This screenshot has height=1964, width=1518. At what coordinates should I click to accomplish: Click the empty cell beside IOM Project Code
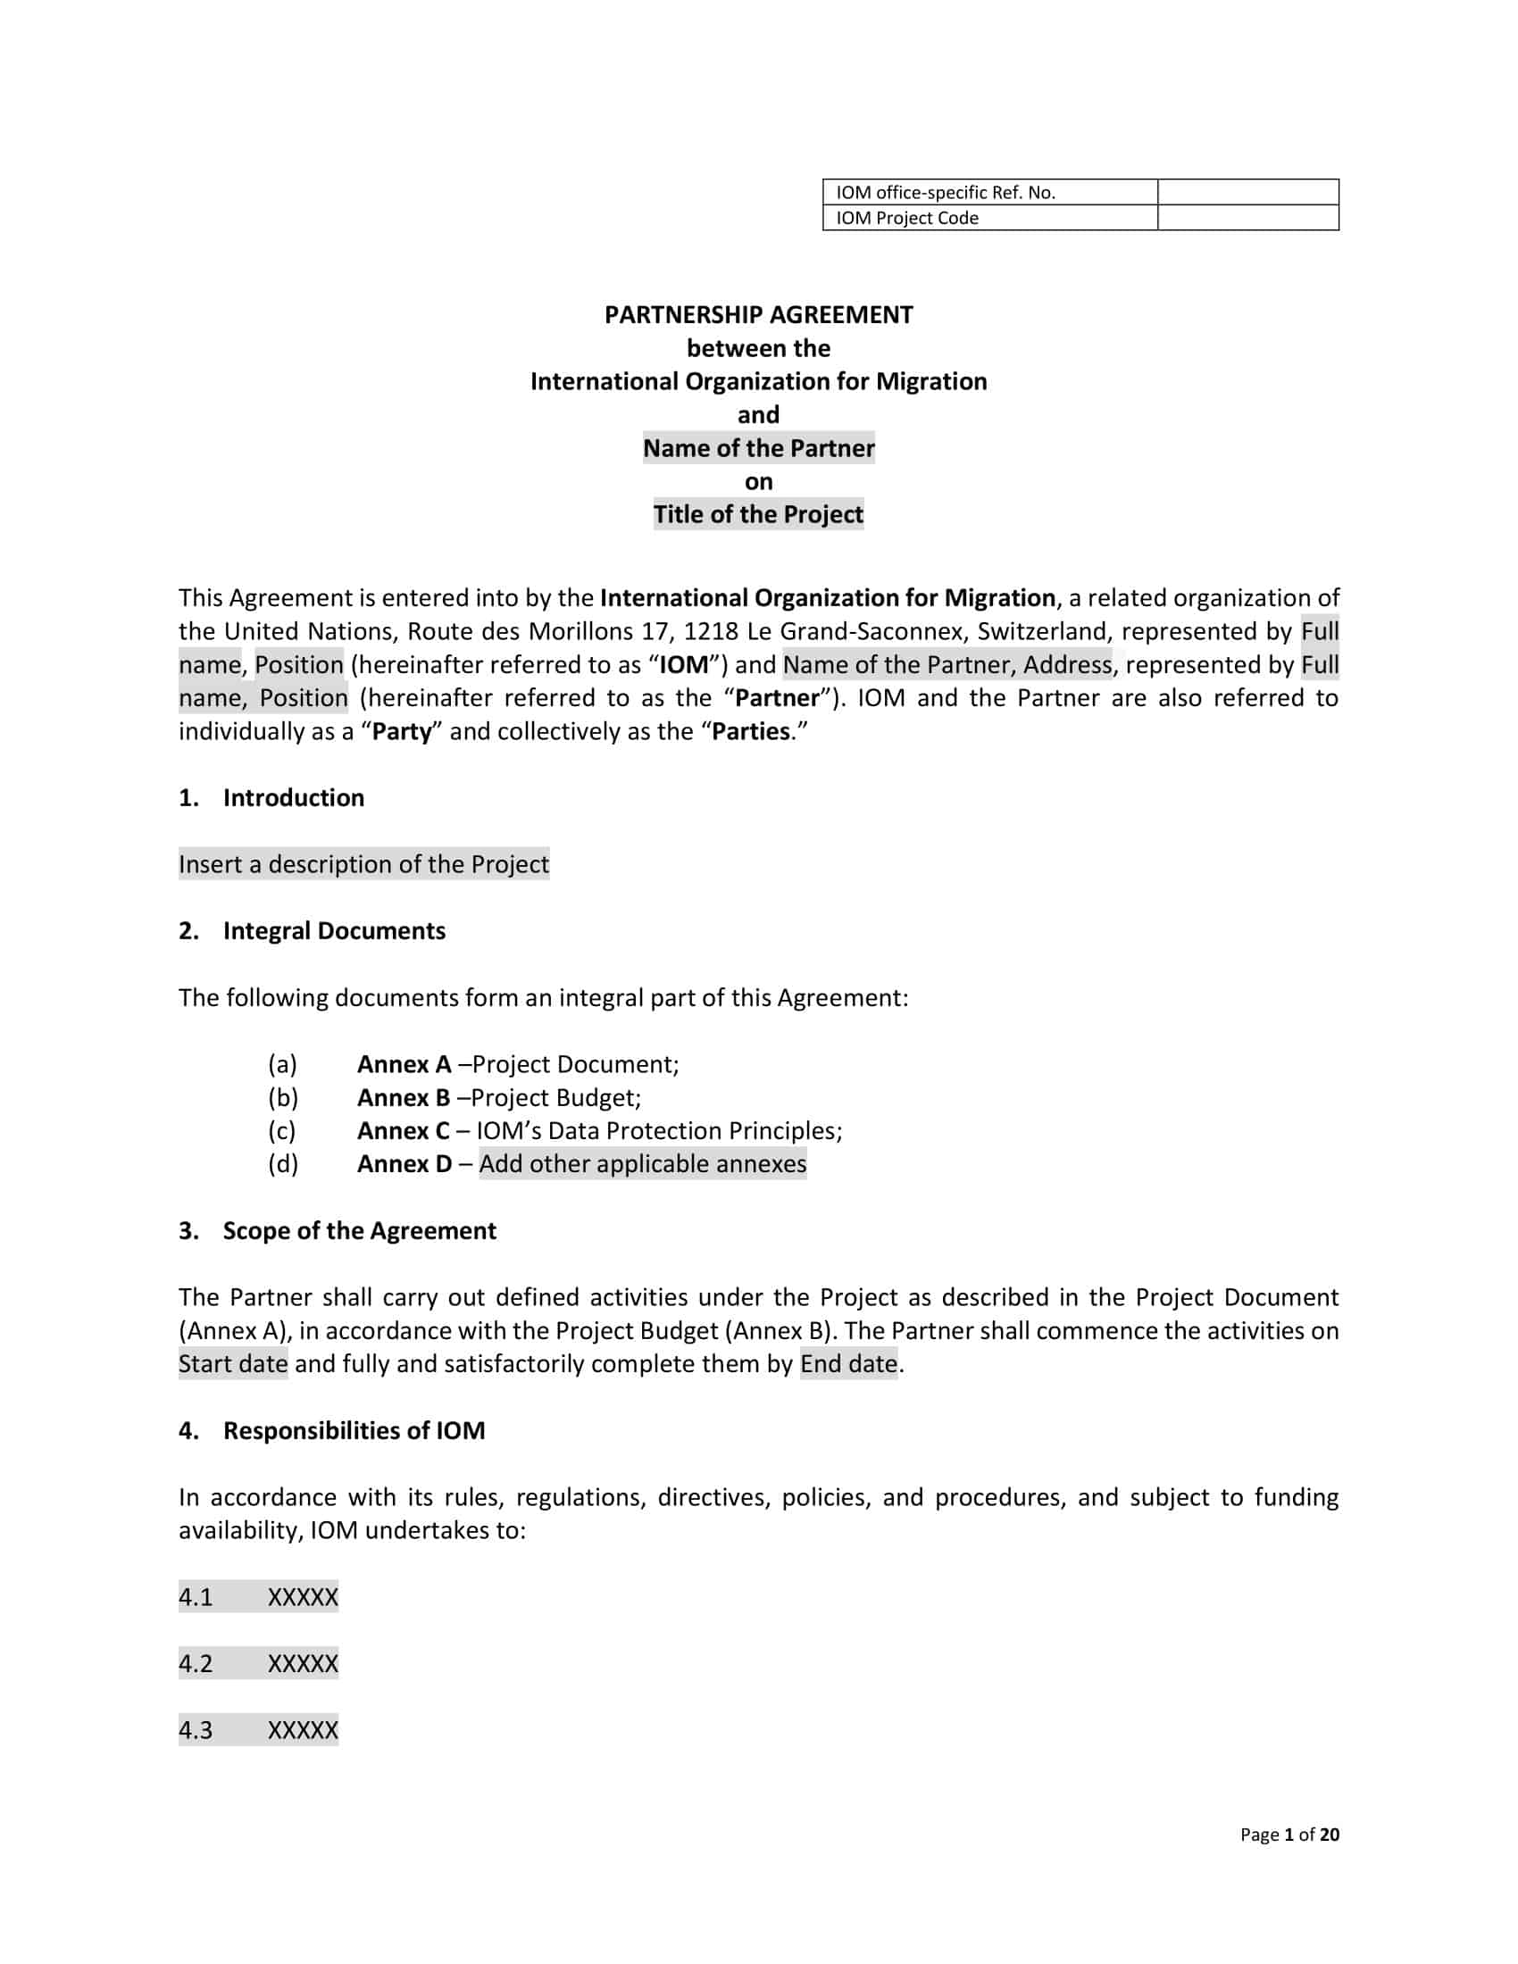coord(1247,218)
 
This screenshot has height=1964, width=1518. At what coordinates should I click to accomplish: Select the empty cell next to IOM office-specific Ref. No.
coord(1247,192)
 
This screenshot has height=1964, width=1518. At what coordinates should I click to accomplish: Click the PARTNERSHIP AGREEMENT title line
coord(758,315)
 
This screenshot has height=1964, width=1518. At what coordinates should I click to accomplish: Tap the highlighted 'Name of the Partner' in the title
coord(758,448)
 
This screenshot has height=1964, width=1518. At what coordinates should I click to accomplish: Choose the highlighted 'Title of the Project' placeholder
coord(758,514)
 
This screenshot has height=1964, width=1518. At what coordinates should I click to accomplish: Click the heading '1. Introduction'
coord(271,797)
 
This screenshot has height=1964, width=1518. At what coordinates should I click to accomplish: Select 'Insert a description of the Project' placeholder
coord(363,864)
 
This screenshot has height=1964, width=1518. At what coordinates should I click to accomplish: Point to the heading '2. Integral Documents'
coord(311,931)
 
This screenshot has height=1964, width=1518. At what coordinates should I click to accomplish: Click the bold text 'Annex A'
coord(404,1064)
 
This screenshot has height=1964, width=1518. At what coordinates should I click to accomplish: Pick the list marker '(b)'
coord(282,1097)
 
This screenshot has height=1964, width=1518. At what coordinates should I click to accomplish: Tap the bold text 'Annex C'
coord(403,1130)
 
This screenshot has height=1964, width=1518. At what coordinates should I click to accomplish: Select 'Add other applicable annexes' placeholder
coord(642,1163)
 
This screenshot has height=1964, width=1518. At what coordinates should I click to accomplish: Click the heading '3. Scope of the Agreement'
coord(337,1230)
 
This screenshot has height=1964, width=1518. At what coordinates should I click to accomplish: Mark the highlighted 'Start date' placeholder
coord(233,1364)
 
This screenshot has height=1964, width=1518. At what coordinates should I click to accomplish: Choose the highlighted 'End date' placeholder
coord(848,1364)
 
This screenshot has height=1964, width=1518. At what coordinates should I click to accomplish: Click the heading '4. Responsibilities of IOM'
coord(331,1431)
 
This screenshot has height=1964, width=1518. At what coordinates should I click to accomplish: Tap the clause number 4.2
coord(196,1664)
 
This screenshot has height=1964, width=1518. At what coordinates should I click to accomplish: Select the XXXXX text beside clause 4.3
coord(302,1730)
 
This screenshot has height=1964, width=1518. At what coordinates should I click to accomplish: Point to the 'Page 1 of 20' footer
coord(1289,1835)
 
